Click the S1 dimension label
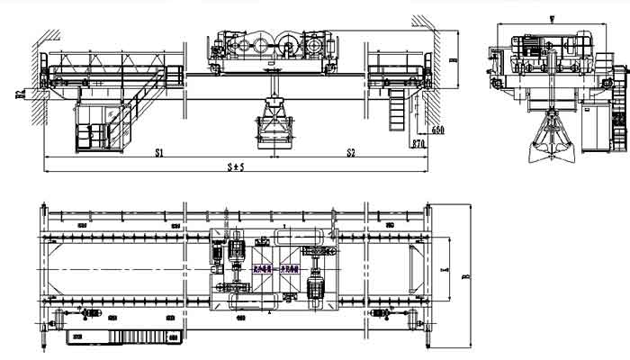pyautogui.click(x=158, y=154)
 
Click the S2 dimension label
pyautogui.click(x=351, y=154)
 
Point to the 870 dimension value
pyautogui.click(x=418, y=144)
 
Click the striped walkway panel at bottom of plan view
pyautogui.click(x=126, y=337)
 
